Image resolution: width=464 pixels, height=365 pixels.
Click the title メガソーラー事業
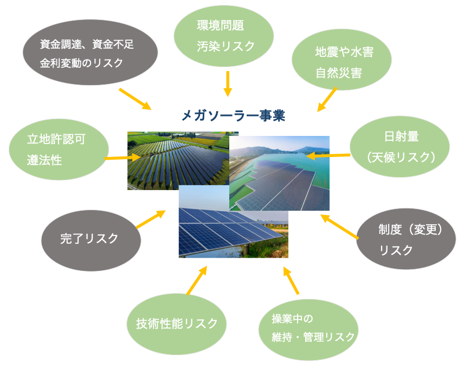coord(233,115)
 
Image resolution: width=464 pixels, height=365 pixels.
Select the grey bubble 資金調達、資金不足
coord(91,53)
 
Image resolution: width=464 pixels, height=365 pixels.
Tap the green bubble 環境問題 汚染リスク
coord(224,36)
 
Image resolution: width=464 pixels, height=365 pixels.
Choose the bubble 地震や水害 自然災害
coord(341,60)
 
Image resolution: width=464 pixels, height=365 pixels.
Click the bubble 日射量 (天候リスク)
coord(400,147)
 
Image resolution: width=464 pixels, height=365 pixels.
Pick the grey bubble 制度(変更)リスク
coord(406,239)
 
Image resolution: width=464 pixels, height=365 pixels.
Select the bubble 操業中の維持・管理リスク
coord(308,330)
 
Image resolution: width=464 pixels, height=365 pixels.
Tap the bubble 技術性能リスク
coord(177,324)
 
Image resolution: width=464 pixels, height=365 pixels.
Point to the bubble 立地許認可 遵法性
coord(59,149)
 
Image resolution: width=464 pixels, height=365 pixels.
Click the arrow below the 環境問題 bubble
coord(228,83)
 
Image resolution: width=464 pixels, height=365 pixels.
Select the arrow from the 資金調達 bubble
coord(135,99)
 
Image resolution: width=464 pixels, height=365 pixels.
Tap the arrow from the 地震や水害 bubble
coord(327,99)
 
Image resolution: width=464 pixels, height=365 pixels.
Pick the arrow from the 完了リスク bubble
coord(151,219)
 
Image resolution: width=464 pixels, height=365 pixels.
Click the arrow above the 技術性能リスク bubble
coord(197,280)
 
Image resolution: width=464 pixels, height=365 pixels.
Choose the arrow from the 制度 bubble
coord(340,227)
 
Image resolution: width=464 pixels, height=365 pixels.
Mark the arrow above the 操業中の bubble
coord(291,280)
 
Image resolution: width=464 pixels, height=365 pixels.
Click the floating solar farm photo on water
coord(279,173)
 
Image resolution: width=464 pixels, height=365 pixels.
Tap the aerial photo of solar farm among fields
coord(178,160)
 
